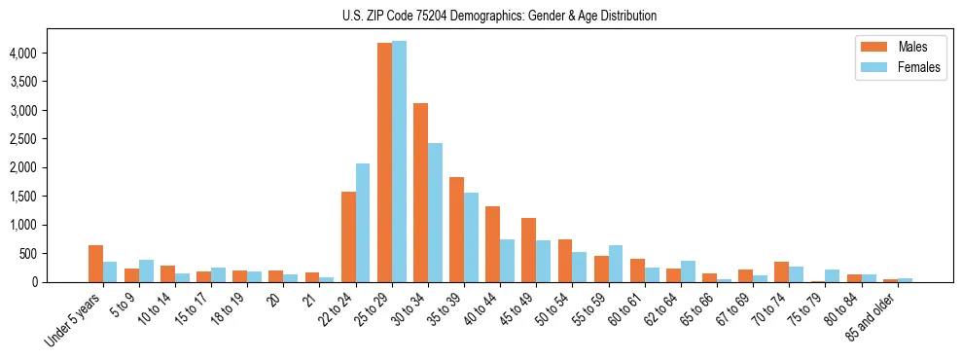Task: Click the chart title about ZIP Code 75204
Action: (500, 16)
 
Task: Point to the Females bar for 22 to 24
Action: (363, 223)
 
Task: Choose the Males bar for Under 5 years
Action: (95, 264)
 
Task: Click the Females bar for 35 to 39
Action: (471, 237)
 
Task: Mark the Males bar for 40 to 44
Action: (492, 244)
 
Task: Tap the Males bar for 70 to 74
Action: (781, 272)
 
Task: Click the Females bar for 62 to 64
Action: (688, 271)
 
